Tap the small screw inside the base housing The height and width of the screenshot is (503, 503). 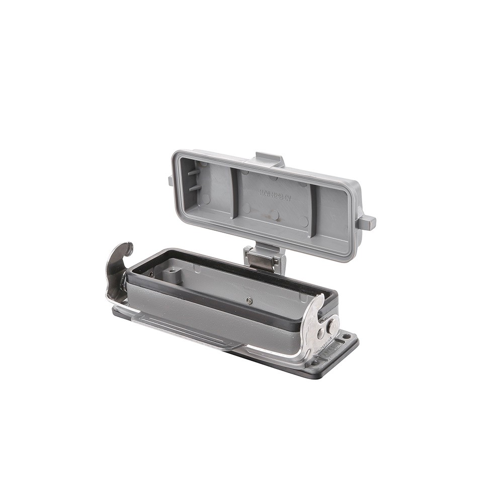[249, 300]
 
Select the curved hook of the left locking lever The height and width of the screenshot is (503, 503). [122, 250]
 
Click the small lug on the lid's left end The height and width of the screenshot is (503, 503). [171, 181]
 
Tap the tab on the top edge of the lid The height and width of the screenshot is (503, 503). [270, 159]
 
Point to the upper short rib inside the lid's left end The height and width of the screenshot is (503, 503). [194, 172]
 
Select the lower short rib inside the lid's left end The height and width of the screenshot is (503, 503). [195, 188]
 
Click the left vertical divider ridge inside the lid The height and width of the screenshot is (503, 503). [234, 193]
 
